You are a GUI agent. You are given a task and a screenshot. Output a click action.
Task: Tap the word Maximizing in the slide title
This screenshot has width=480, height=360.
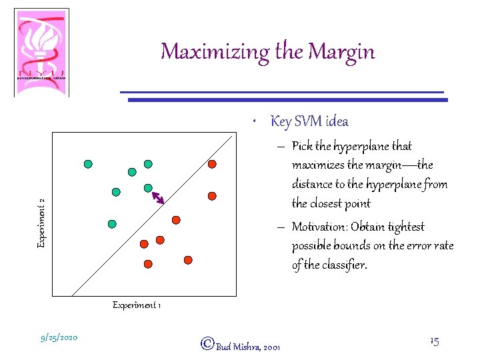click(x=204, y=52)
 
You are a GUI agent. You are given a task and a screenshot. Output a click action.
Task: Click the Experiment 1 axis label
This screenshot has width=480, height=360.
click(x=136, y=305)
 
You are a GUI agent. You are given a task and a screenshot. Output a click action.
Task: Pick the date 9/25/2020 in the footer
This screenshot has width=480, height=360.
click(x=59, y=337)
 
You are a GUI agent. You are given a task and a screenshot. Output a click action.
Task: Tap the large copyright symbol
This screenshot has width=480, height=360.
click(x=207, y=344)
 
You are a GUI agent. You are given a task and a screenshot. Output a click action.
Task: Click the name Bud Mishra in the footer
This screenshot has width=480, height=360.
click(x=238, y=347)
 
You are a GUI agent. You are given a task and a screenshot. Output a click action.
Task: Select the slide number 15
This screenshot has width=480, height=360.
click(x=434, y=341)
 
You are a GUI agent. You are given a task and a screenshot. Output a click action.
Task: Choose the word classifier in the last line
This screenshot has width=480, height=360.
click(x=347, y=265)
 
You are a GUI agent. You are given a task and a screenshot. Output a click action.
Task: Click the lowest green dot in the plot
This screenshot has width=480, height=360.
click(x=112, y=223)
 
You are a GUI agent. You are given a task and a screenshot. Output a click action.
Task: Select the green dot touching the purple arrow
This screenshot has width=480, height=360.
click(x=149, y=188)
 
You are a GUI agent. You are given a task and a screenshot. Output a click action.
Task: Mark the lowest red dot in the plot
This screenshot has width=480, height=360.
click(x=147, y=263)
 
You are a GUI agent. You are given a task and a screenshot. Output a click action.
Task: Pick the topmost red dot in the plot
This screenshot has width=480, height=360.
click(x=211, y=163)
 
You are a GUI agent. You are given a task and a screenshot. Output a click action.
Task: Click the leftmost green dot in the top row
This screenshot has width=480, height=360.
click(x=87, y=163)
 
